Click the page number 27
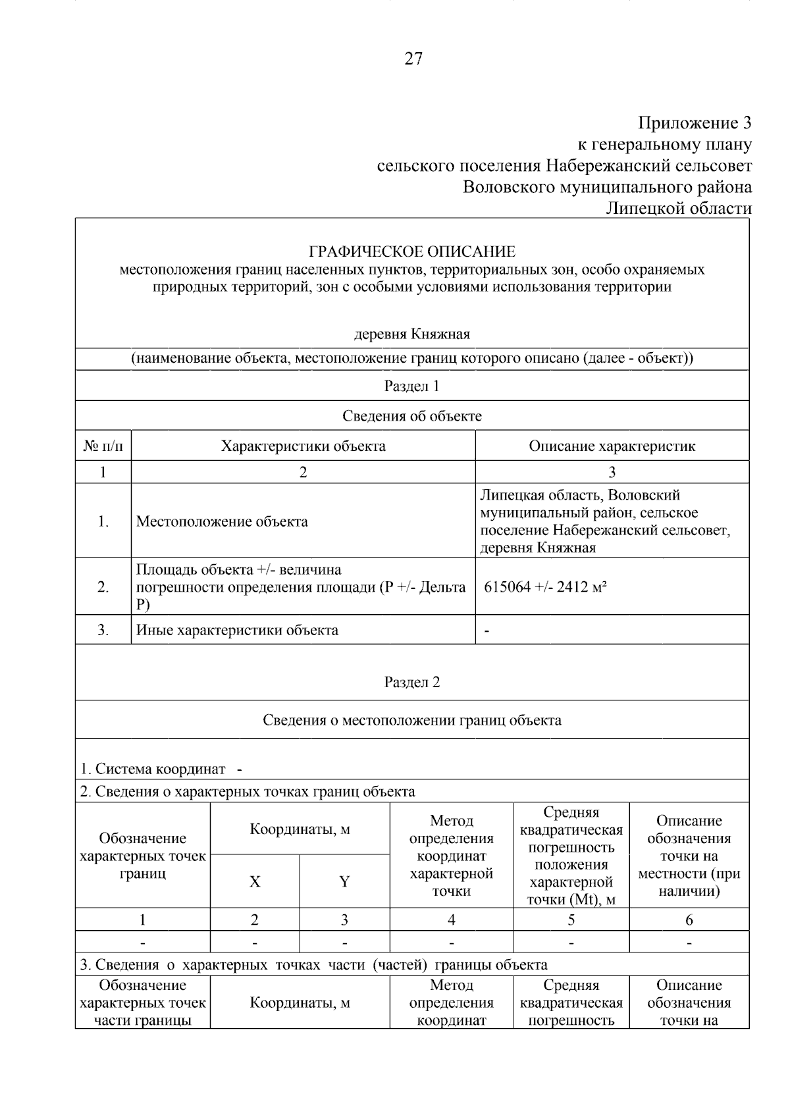[x=413, y=59]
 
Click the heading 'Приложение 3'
[x=695, y=123]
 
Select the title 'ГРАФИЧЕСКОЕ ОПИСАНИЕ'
[x=412, y=251]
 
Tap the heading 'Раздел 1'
[x=412, y=386]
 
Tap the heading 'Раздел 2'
[x=412, y=682]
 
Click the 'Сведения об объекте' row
[x=412, y=416]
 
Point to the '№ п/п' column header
[x=103, y=446]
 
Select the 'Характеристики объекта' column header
[x=303, y=446]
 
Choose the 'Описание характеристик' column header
[x=612, y=446]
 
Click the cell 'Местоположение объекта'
[x=222, y=522]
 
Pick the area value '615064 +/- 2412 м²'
[x=545, y=587]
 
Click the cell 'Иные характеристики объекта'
[x=237, y=630]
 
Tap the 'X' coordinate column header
[x=255, y=882]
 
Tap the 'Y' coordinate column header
[x=344, y=882]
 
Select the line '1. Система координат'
[x=153, y=769]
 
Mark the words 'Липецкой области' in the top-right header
[x=678, y=209]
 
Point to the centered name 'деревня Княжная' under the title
[x=412, y=334]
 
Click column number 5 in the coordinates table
[x=571, y=920]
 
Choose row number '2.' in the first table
[x=103, y=587]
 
